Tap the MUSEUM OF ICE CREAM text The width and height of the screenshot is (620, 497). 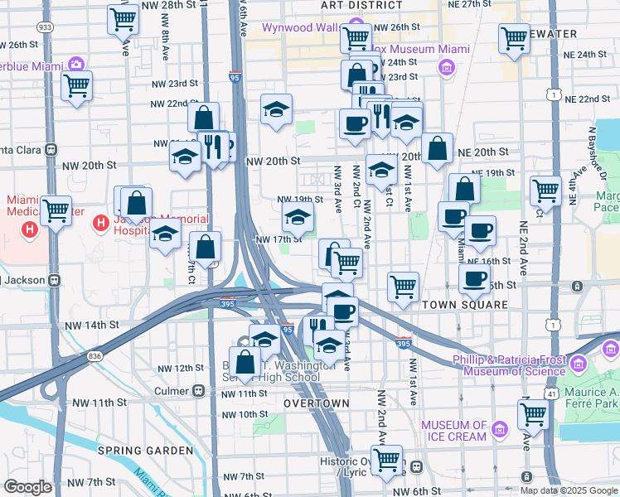tap(454, 430)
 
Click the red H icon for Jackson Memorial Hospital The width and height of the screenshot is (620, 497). tap(101, 223)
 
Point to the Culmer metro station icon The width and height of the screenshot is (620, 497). tap(198, 391)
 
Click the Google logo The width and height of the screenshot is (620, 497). tap(27, 487)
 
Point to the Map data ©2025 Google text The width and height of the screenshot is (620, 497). tap(569, 490)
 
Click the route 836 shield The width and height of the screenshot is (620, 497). tap(96, 355)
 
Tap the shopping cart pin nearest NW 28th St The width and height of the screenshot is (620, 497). tap(123, 18)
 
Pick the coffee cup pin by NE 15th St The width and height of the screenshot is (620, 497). tap(474, 278)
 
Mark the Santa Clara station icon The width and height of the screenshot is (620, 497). tap(51, 150)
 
